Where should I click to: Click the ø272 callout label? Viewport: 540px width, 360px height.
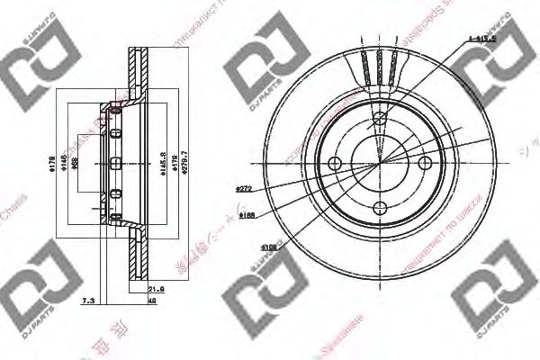point(241,188)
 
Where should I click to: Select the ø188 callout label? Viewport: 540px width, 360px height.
point(245,216)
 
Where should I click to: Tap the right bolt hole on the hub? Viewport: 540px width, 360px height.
point(427,163)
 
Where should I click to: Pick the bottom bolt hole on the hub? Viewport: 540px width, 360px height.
point(381,209)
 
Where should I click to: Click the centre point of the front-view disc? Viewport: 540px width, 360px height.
point(381,163)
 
